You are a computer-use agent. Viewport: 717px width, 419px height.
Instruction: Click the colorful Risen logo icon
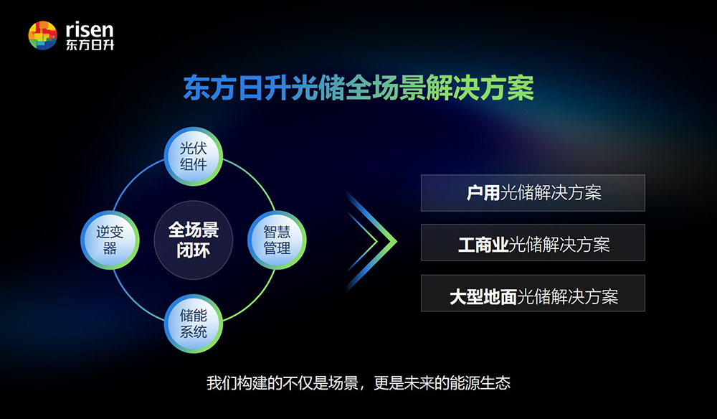tap(42, 35)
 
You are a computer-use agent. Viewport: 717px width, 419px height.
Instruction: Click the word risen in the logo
tap(90, 29)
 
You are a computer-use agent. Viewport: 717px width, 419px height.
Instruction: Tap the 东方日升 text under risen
tap(90, 44)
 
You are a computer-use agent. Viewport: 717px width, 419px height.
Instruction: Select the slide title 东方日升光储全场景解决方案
tap(358, 88)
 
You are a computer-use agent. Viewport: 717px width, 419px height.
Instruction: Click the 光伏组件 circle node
tap(194, 156)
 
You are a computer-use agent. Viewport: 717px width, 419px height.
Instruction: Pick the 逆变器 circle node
tap(110, 240)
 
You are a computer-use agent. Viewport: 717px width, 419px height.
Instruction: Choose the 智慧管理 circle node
tap(277, 240)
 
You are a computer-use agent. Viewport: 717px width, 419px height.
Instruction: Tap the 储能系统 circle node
tap(194, 324)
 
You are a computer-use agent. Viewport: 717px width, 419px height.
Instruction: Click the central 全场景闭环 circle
tap(194, 240)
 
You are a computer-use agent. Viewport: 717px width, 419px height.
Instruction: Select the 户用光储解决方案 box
tap(533, 193)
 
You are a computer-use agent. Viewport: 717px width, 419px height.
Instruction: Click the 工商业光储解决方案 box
tap(533, 243)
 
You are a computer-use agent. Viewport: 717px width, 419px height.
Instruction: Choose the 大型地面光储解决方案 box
tap(533, 293)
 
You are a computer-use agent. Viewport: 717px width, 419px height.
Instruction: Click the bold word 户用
tap(483, 193)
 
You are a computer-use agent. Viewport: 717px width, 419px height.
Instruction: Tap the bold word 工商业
tap(483, 245)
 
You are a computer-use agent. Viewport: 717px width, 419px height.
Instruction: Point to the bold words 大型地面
tap(483, 297)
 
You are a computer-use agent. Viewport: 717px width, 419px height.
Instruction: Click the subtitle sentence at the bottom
tap(358, 383)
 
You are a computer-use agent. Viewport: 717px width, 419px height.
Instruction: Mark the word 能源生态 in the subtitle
tap(480, 383)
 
